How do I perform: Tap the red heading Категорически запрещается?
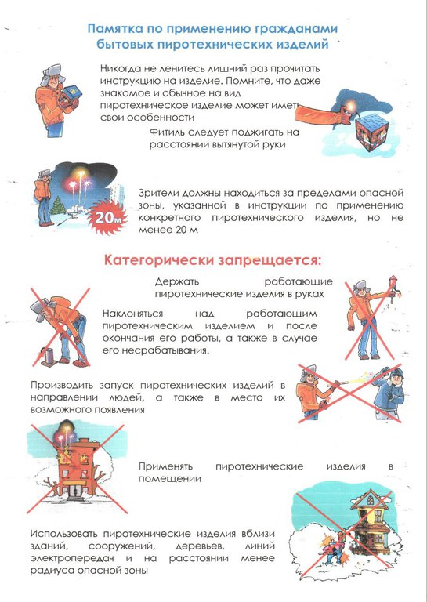pos(212,260)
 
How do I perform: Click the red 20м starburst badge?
pos(107,218)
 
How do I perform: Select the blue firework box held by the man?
pos(71,94)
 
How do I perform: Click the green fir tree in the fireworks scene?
pos(58,206)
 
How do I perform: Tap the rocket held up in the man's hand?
pos(392,288)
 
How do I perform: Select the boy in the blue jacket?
pos(389,393)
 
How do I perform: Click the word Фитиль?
pos(166,132)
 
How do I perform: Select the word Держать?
pos(177,281)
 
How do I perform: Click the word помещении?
pos(170,479)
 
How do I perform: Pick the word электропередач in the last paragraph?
pos(72,558)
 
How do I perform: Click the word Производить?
pos(61,385)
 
